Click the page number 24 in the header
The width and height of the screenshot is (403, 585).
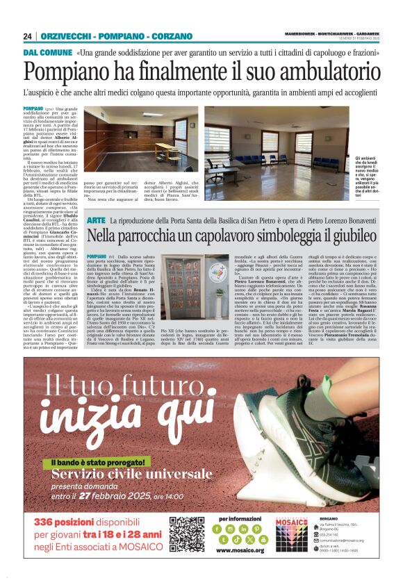pyautogui.click(x=28, y=36)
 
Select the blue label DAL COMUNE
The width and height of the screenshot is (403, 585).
pyautogui.click(x=47, y=53)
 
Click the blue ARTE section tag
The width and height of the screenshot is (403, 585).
pyautogui.click(x=97, y=220)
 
